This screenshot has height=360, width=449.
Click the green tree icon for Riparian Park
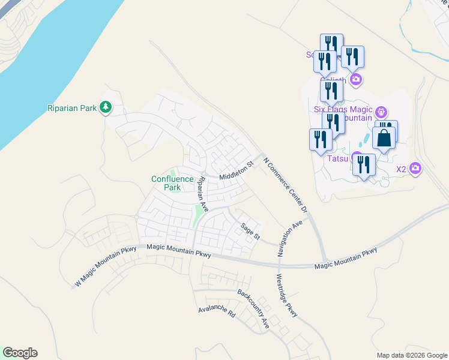coord(106,107)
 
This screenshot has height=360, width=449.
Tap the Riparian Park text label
coord(72,109)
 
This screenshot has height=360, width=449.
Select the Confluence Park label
coord(172,183)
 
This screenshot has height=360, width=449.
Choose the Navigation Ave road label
coord(289,238)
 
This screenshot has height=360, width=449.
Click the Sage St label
coord(250,232)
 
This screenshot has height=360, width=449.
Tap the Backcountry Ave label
coord(253,308)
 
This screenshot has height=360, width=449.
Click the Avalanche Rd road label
coord(217,313)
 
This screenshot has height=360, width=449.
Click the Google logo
coord(20,353)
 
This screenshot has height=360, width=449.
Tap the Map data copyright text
coord(411,355)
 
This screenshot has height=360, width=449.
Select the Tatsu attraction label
coord(337,160)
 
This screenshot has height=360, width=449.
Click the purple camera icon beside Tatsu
coord(356,159)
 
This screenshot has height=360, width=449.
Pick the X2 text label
coord(401,169)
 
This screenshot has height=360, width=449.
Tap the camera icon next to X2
coord(415,169)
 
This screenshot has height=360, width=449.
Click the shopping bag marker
coord(384,138)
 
